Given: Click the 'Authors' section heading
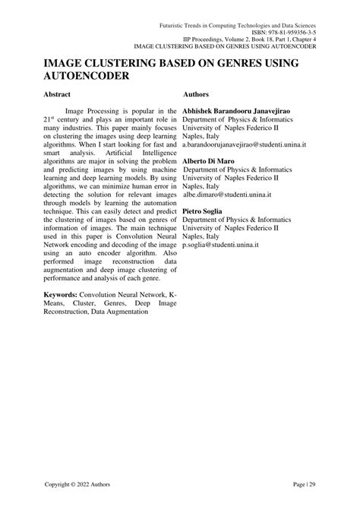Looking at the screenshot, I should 200,96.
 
